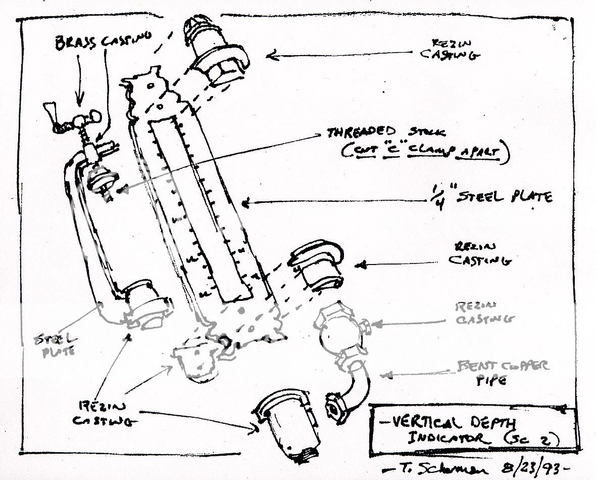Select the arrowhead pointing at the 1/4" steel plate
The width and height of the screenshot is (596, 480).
click(x=245, y=204)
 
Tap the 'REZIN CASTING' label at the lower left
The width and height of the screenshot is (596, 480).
click(x=98, y=412)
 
